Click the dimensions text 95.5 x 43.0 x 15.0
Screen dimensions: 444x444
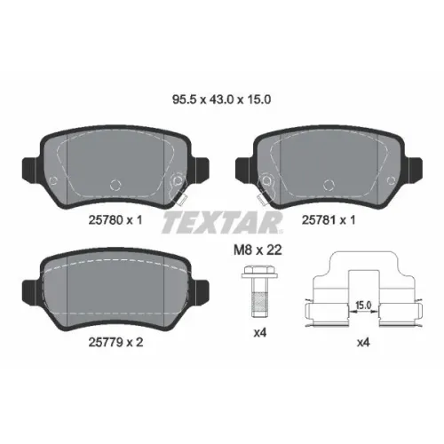pos(221,99)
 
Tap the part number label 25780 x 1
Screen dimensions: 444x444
pos(115,220)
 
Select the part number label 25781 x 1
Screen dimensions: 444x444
pos(329,220)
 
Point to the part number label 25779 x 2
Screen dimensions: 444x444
pos(115,343)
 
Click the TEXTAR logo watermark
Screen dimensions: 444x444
pos(222,222)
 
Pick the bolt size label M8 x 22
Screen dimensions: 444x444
pos(258,250)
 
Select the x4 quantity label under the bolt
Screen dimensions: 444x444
pos(260,333)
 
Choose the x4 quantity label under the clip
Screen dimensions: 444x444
pos(363,343)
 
